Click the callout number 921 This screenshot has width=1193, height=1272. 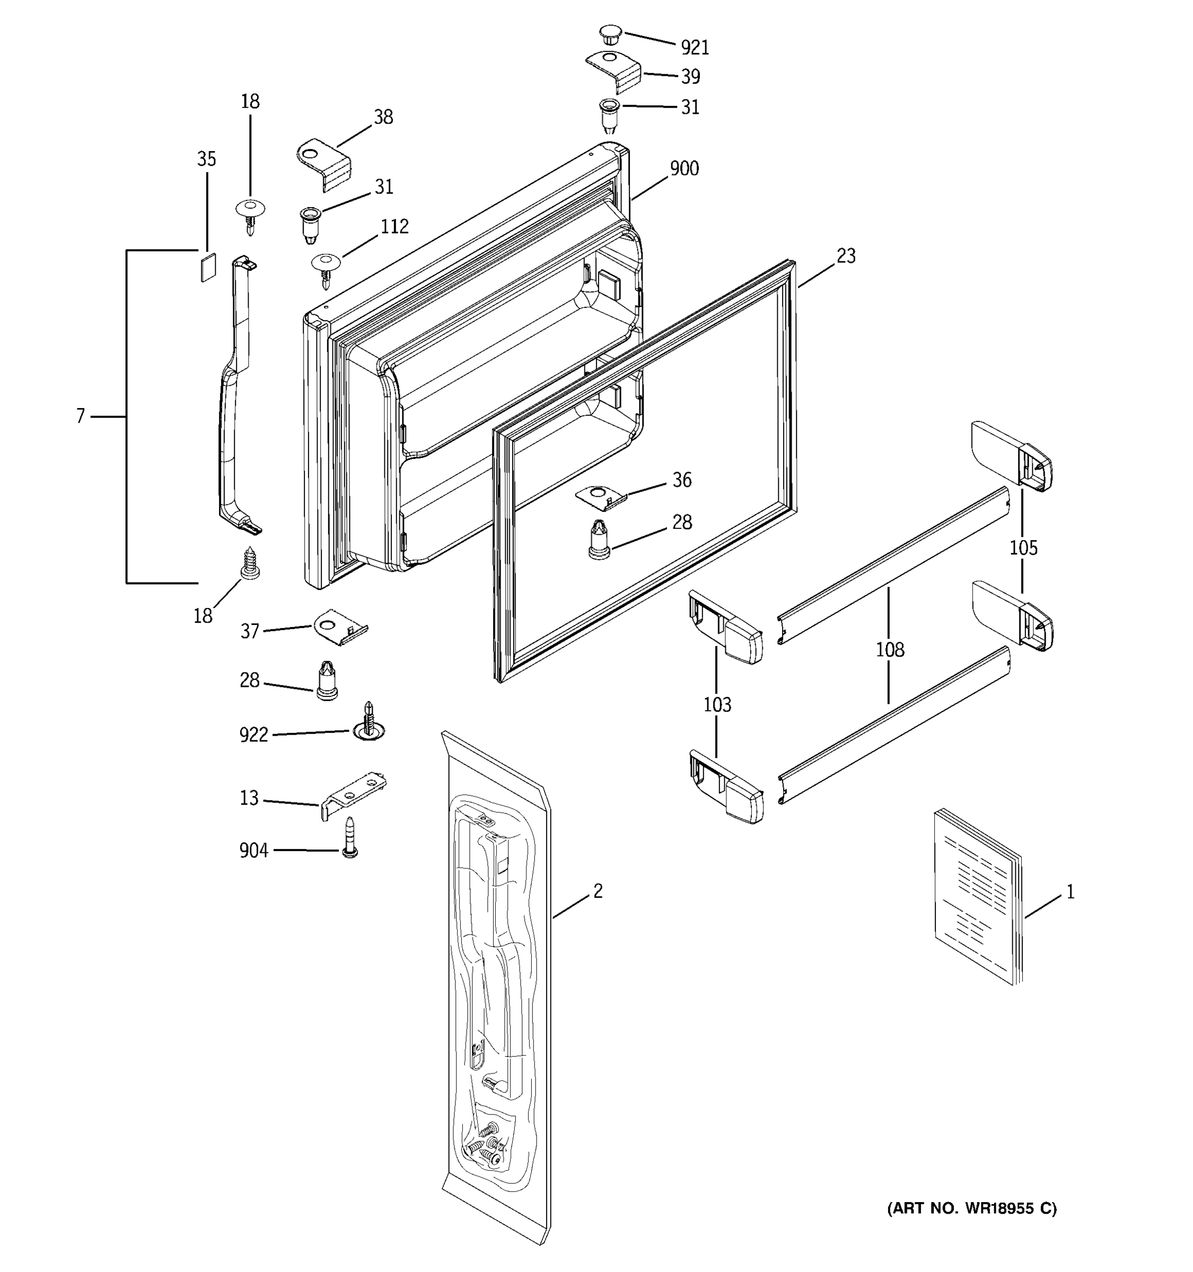695,47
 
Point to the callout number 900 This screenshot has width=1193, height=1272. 684,169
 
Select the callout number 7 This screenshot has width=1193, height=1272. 80,417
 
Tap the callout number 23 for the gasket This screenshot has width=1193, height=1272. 846,256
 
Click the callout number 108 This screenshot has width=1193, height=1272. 890,650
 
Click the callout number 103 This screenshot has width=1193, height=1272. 717,704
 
